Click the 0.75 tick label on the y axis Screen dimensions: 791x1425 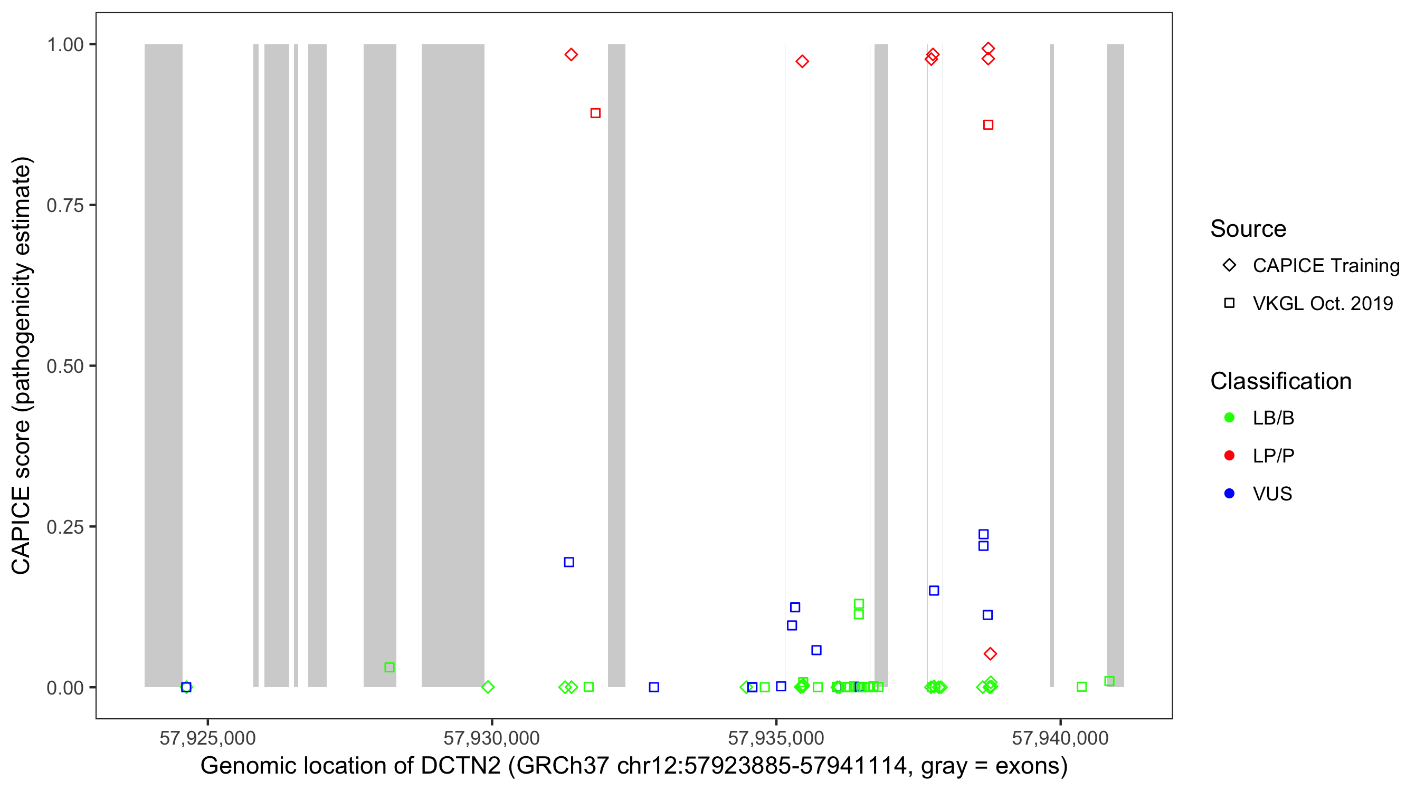tap(65, 206)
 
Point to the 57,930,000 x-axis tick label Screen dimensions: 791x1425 tap(491, 738)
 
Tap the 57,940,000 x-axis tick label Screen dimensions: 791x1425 tap(1060, 738)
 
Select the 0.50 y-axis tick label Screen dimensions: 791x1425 tap(65, 366)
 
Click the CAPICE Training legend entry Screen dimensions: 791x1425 tap(1325, 265)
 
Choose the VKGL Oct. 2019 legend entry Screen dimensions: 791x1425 tap(1322, 303)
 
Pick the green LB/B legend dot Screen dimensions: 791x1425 tap(1229, 418)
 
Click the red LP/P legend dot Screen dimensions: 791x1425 tap(1229, 456)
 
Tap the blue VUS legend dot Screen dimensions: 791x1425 tap(1229, 494)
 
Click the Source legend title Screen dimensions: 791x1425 tap(1248, 229)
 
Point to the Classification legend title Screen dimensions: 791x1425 tap(1280, 381)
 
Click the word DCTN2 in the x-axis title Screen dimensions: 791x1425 tap(460, 766)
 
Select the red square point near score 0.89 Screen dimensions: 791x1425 tap(595, 113)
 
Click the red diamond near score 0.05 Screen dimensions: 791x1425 tap(990, 654)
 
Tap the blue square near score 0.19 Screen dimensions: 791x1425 tap(568, 562)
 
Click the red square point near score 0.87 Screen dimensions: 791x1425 tap(988, 125)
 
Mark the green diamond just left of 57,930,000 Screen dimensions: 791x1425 tap(487, 687)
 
